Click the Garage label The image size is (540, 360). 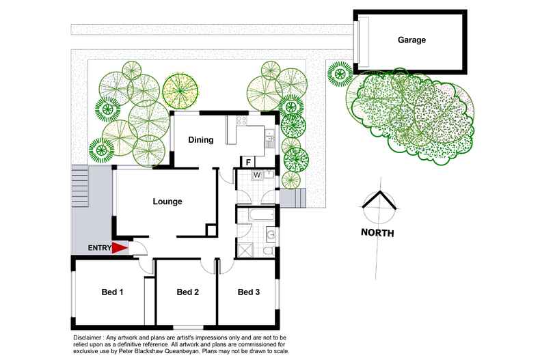[x=411, y=40]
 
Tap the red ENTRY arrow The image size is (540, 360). [x=120, y=249]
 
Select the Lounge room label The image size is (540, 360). [x=167, y=202]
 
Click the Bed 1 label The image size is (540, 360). [x=112, y=292]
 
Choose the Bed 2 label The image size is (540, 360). [x=187, y=292]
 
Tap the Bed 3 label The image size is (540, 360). [x=249, y=292]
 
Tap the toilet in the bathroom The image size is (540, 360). [x=269, y=251]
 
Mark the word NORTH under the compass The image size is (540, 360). [x=377, y=233]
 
